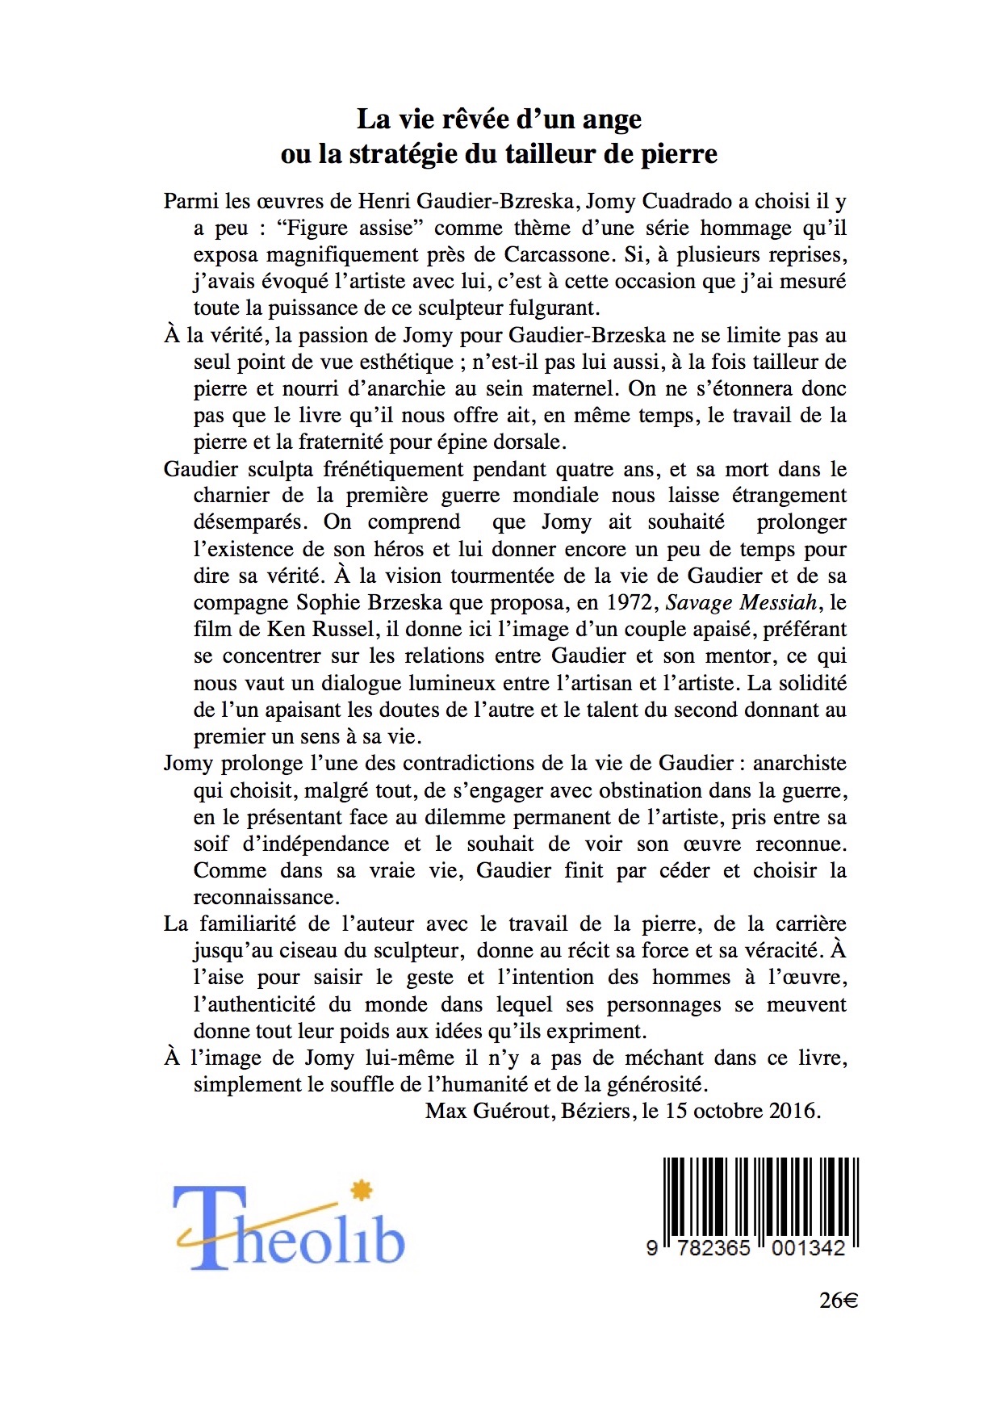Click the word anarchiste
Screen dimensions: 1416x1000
coord(800,763)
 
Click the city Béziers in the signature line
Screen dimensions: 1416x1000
coord(595,1111)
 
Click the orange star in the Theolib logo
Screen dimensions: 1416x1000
coord(362,1191)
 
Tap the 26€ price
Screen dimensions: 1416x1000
coord(838,1301)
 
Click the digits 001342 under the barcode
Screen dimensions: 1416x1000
coord(808,1248)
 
